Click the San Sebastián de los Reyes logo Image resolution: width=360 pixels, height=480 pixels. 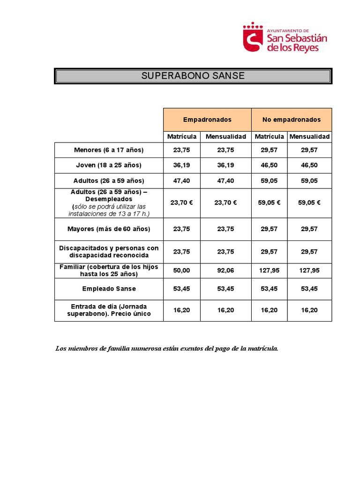[285, 37]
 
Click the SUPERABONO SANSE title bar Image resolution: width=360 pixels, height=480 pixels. [193, 75]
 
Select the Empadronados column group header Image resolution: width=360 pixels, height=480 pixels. [207, 120]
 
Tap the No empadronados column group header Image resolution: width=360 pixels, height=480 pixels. [292, 120]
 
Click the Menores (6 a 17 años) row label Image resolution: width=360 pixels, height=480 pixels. [109, 150]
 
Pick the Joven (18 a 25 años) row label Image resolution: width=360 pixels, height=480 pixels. [109, 165]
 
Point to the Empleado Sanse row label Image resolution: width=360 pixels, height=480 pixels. [109, 289]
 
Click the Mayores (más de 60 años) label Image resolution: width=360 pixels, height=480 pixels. [109, 229]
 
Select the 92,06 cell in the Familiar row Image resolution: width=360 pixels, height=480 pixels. [225, 270]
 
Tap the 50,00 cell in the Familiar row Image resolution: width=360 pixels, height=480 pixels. [181, 270]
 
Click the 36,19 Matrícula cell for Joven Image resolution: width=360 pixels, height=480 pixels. [181, 165]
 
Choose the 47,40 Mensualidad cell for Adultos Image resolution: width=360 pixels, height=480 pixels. [225, 180]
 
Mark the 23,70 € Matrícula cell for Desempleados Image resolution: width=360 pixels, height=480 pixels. [181, 202]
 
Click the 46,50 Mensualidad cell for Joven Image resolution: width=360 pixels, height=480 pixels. [309, 165]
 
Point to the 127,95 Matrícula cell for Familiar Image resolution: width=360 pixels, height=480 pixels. [269, 270]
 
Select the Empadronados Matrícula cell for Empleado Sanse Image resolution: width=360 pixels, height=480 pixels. [181, 289]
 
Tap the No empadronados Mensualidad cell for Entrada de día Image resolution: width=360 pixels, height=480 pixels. [309, 310]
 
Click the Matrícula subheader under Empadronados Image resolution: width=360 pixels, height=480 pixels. [182, 136]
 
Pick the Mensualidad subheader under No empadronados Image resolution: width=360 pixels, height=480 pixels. [309, 136]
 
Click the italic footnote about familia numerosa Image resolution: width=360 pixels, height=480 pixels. [167, 348]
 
